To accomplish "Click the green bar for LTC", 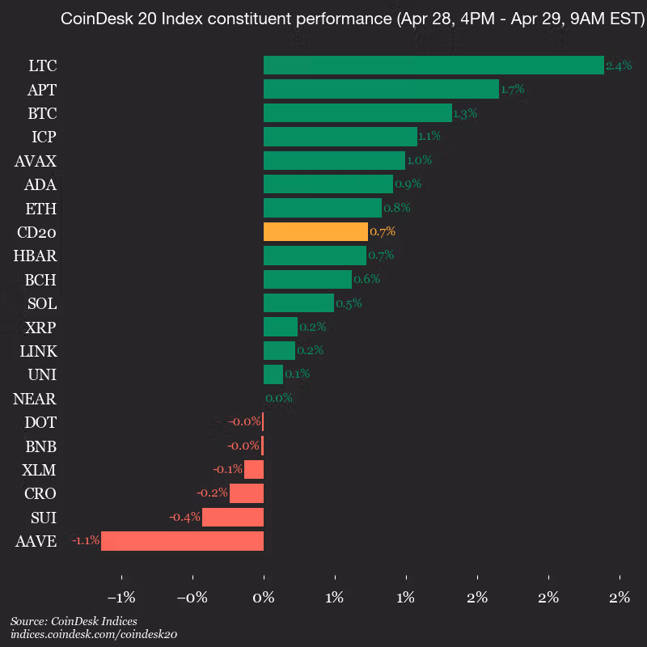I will (x=433, y=66).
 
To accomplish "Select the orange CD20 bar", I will (x=315, y=232).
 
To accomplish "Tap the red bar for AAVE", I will (x=182, y=541).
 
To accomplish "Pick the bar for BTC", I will (x=357, y=113).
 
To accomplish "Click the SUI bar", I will (x=233, y=518).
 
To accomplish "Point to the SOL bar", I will (x=298, y=303).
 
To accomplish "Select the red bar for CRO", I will (x=247, y=493).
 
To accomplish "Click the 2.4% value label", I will (x=619, y=66).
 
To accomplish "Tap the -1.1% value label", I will (x=85, y=541).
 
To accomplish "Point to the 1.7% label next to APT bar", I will (x=513, y=90).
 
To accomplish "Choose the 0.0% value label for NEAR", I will (x=279, y=398).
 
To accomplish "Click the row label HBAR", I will (x=35, y=256).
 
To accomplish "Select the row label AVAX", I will (x=35, y=161).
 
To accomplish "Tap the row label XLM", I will (x=40, y=470).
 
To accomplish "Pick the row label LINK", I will (x=38, y=351).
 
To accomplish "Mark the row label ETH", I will (x=40, y=209).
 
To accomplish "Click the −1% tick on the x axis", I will (x=121, y=598).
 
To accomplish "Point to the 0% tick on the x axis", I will (x=264, y=598).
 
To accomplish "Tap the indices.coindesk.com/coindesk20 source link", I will (x=93, y=635).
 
